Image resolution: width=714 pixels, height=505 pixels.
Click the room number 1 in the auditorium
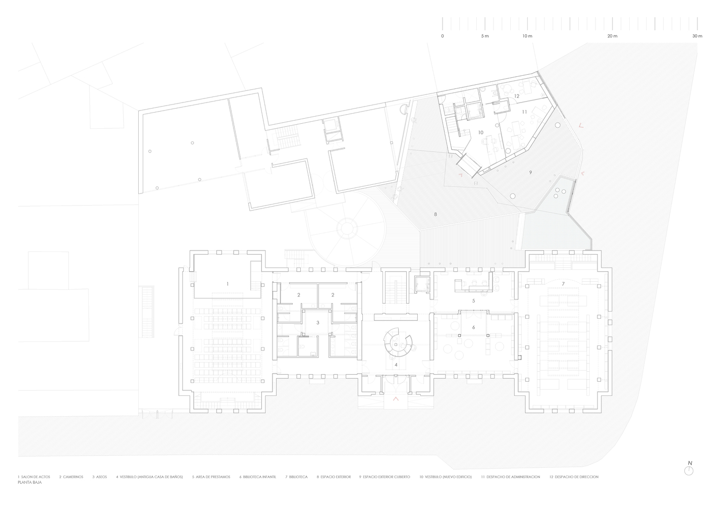pyautogui.click(x=228, y=284)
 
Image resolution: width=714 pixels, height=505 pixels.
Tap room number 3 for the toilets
pyautogui.click(x=318, y=323)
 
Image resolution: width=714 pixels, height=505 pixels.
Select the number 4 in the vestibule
pyautogui.click(x=396, y=365)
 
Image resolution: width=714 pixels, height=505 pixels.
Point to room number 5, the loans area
pyautogui.click(x=474, y=300)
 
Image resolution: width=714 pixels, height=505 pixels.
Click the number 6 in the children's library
pyautogui.click(x=474, y=327)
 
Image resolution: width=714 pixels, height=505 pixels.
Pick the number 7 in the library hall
pyautogui.click(x=563, y=284)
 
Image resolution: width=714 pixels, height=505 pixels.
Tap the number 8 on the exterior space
pyautogui.click(x=435, y=215)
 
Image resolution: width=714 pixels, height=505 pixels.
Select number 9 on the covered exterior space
pyautogui.click(x=530, y=172)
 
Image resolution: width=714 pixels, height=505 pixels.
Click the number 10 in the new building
pyautogui.click(x=481, y=132)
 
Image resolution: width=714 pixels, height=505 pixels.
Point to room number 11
pyautogui.click(x=524, y=112)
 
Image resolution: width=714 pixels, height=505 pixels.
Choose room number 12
pyautogui.click(x=517, y=96)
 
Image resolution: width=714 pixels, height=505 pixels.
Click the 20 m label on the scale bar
pyautogui.click(x=612, y=36)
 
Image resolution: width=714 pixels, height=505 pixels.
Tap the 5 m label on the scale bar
pyautogui.click(x=485, y=36)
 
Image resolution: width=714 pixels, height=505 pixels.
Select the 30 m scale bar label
pyautogui.click(x=697, y=36)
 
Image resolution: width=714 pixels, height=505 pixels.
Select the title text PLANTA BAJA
pyautogui.click(x=30, y=482)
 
